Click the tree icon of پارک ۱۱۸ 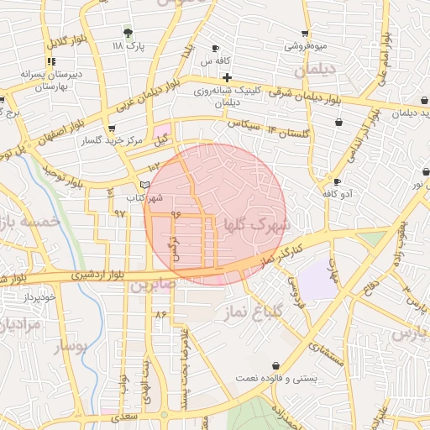pos(128,33)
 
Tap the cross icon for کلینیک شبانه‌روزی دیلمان pos(227,77)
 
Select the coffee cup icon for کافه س pos(216,48)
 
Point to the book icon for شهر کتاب pos(144,184)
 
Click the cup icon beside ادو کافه pos(337,181)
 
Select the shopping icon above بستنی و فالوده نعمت pos(276,365)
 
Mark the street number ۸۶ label pos(160,314)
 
